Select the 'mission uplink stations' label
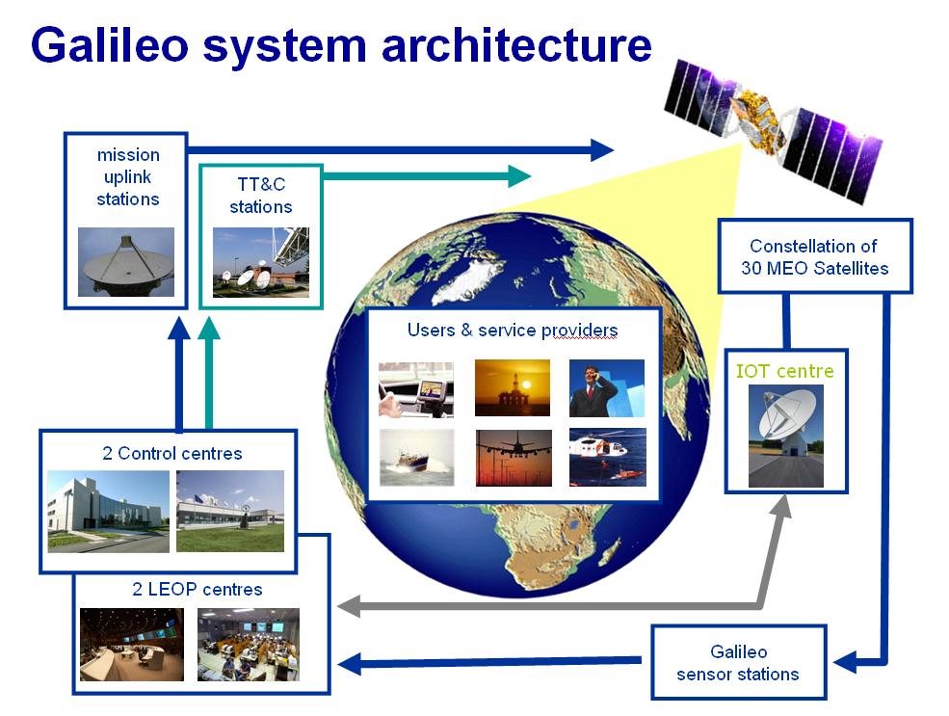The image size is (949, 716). (127, 177)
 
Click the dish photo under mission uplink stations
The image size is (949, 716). (126, 261)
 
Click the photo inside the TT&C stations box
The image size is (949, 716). (261, 262)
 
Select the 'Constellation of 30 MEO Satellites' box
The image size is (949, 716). (814, 256)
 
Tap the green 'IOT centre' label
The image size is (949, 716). (785, 371)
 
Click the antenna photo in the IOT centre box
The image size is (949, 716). (786, 435)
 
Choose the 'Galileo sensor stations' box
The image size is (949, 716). (738, 663)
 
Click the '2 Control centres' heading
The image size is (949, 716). (171, 453)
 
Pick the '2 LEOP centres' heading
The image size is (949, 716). (198, 589)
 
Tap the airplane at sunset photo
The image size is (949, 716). (514, 458)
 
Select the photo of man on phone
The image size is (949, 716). (606, 387)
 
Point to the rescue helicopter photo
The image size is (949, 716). (607, 457)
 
